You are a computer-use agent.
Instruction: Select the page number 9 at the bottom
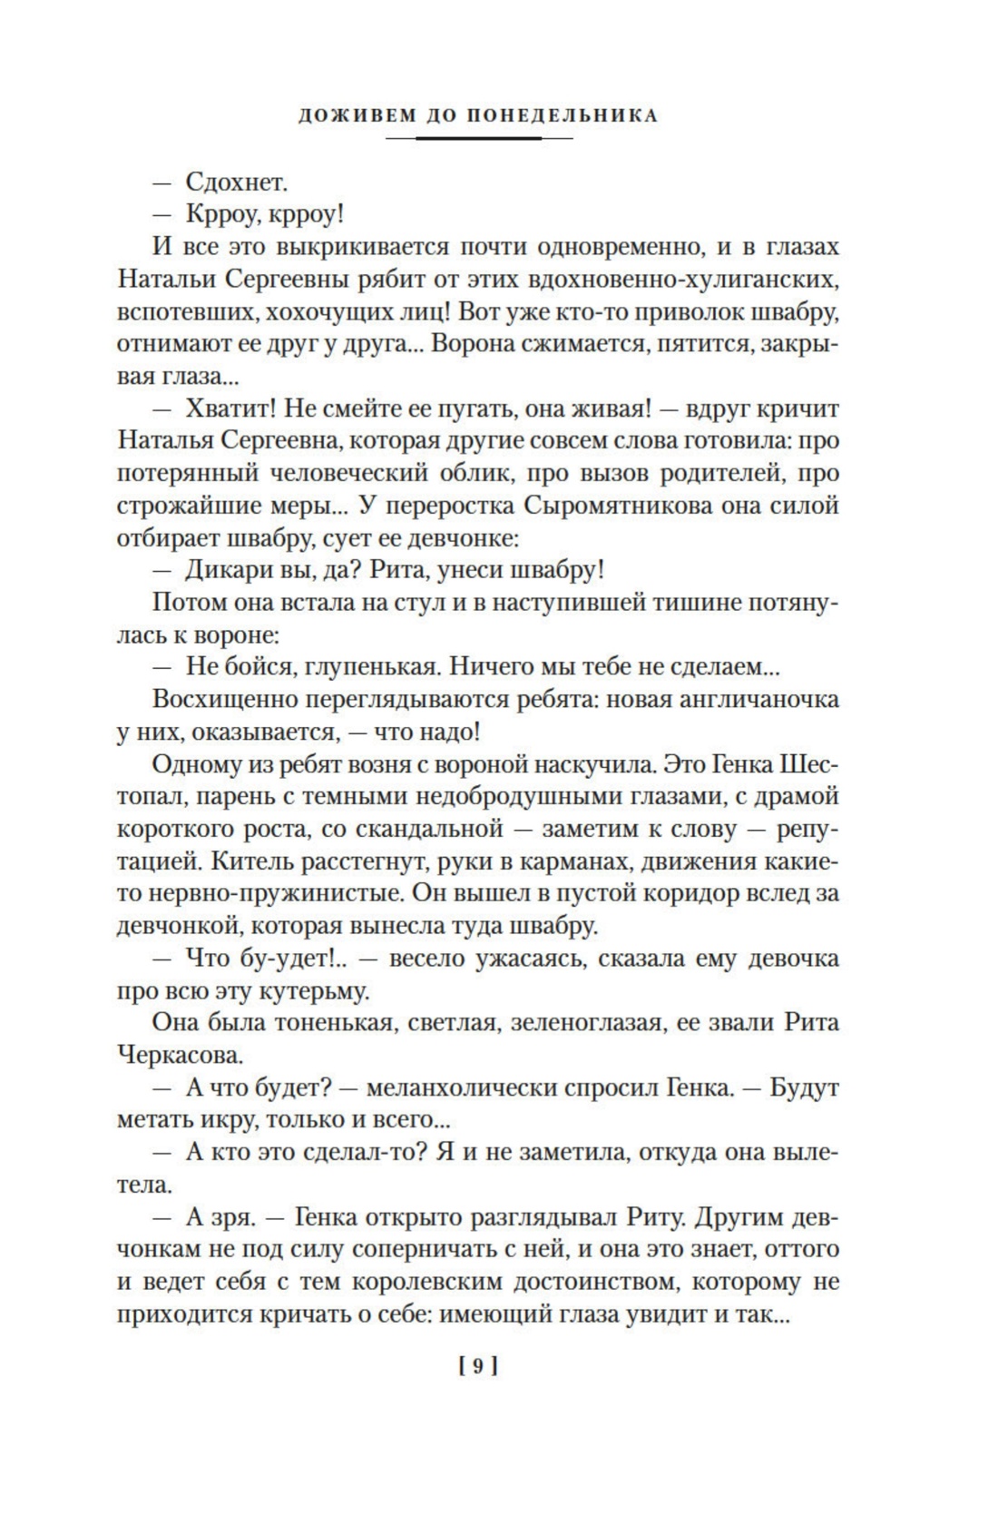click(479, 1365)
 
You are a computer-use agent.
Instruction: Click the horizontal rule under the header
click(479, 139)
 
